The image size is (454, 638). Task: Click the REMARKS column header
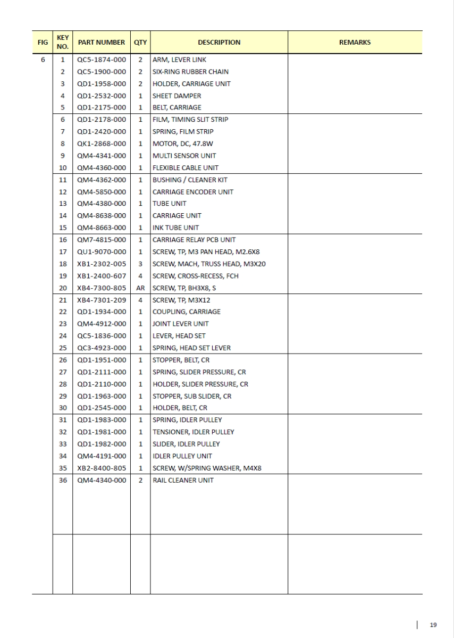click(x=355, y=43)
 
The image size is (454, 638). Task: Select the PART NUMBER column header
click(x=102, y=43)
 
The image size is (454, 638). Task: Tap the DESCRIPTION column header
click(x=219, y=43)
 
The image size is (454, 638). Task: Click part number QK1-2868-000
click(x=102, y=144)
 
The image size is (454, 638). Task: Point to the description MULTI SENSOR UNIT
click(x=184, y=156)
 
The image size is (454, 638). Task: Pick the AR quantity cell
click(x=140, y=288)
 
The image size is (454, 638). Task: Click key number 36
click(x=63, y=480)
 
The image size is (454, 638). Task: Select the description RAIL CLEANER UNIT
click(x=183, y=480)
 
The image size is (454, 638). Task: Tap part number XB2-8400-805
click(x=102, y=468)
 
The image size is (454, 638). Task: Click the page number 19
click(x=433, y=625)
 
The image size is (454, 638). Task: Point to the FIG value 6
click(x=43, y=60)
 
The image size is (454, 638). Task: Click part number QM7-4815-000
click(x=102, y=240)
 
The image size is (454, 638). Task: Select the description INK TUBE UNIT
click(x=175, y=228)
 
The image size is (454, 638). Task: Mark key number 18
click(x=63, y=264)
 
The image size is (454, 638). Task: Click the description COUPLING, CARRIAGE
click(x=186, y=312)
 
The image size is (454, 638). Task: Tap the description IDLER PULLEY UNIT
click(x=182, y=456)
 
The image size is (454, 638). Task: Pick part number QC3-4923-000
click(x=102, y=348)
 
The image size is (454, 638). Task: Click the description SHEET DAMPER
click(x=176, y=96)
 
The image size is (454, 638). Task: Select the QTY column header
click(x=140, y=43)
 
